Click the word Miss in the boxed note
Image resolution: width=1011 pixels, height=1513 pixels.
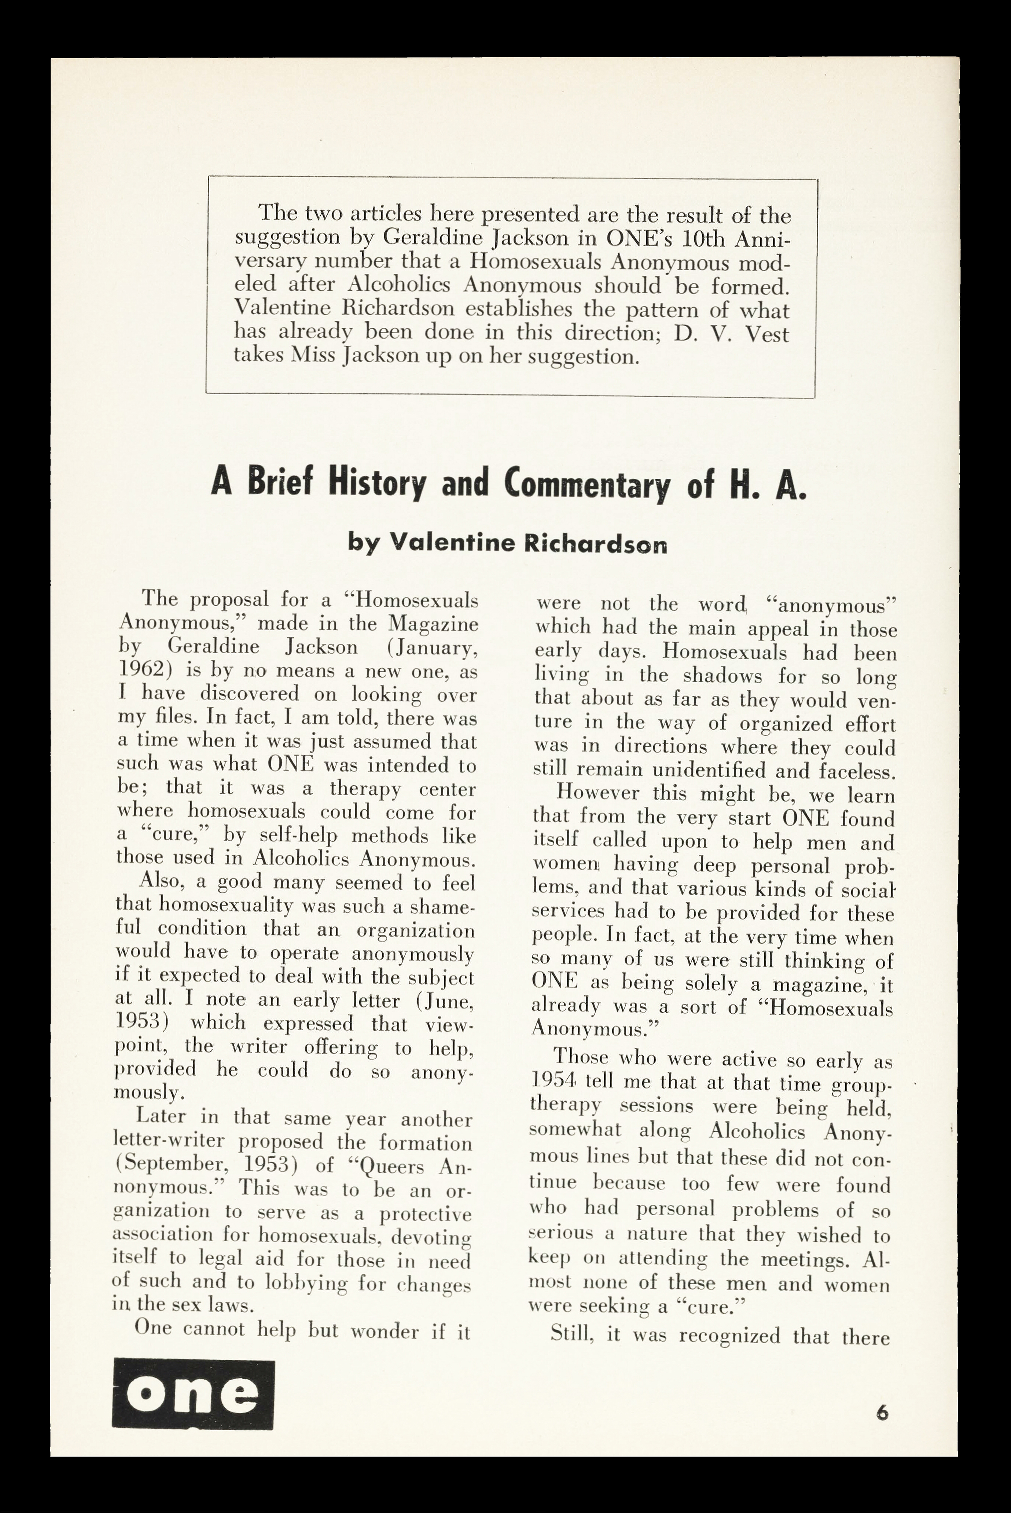(x=313, y=356)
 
